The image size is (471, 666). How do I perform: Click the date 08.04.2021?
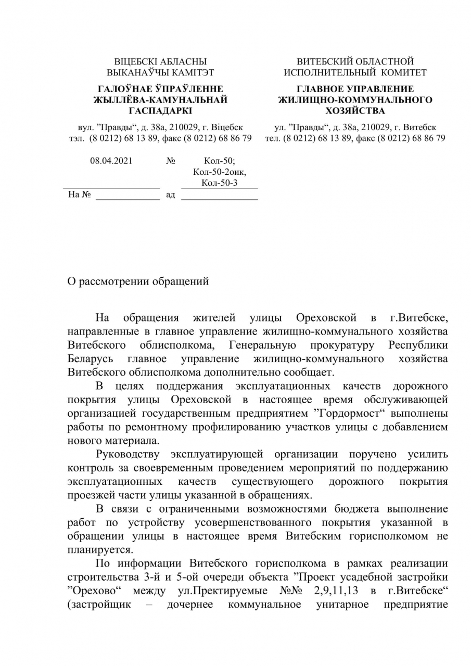(111, 161)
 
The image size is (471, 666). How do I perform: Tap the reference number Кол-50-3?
(219, 183)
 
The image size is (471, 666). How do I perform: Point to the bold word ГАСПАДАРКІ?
(160, 111)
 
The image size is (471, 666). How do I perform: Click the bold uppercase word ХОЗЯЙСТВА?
(355, 111)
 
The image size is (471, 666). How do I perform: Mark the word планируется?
(100, 549)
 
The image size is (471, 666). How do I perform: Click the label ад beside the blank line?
(170, 195)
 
